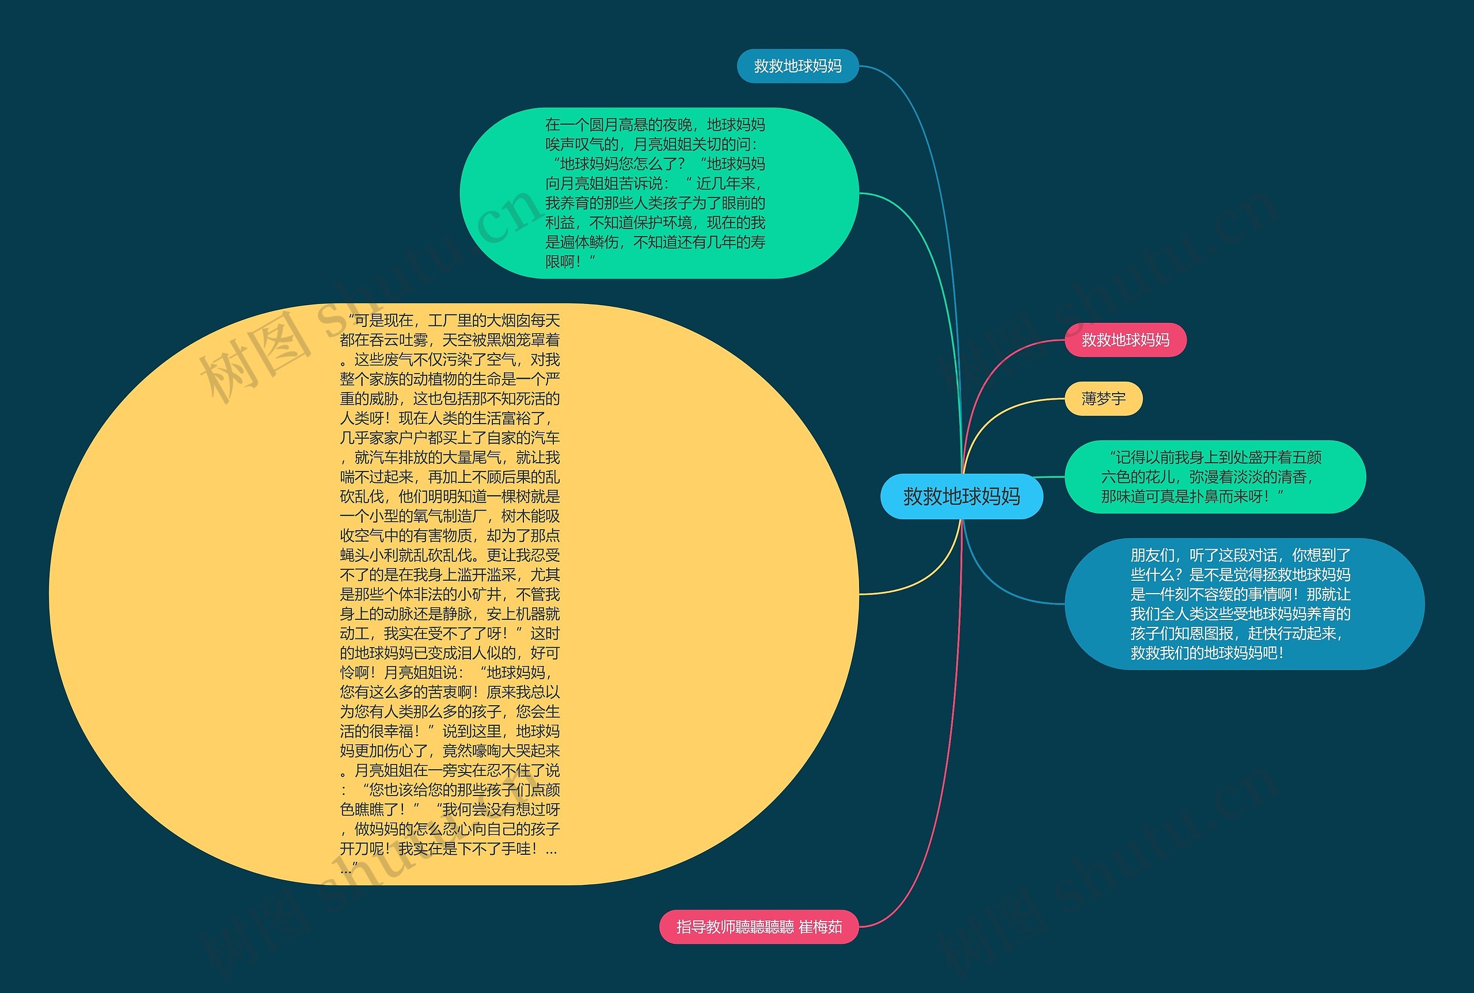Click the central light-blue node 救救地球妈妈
tap(961, 496)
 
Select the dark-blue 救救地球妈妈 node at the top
tap(797, 66)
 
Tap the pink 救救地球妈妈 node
tap(1125, 340)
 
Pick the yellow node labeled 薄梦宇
tap(1103, 399)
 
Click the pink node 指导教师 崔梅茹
tap(758, 927)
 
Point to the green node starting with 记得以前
tap(1214, 477)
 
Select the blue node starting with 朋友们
tap(1244, 603)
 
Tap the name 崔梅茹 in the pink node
tap(821, 927)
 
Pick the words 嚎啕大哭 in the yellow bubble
tap(501, 751)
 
